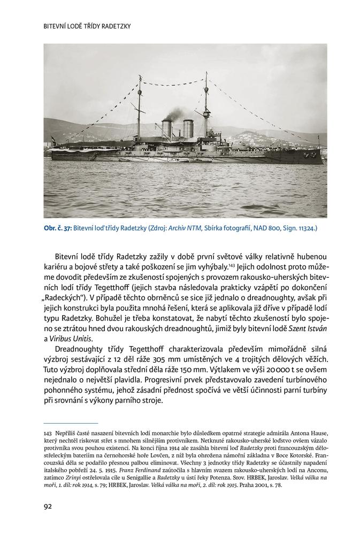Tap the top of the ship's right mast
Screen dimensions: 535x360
205,74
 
